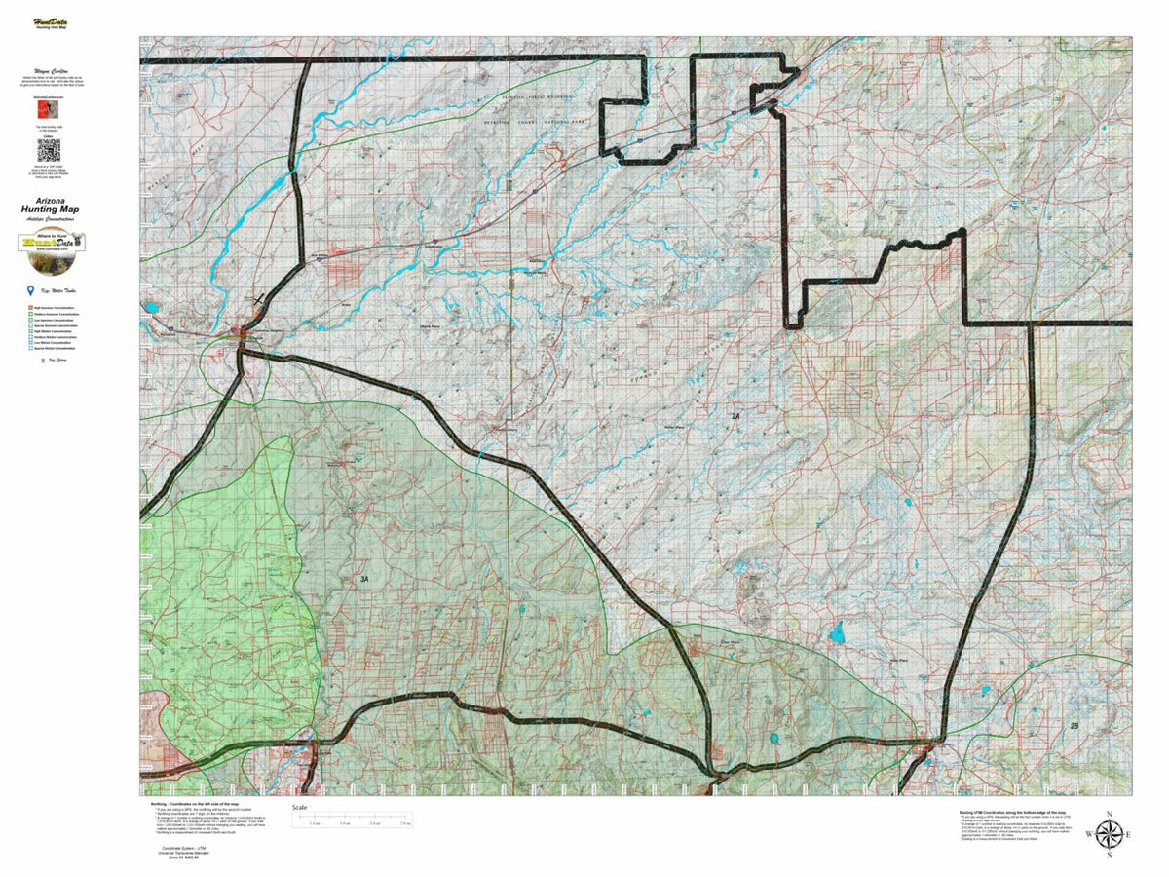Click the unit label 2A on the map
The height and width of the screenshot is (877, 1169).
pyautogui.click(x=736, y=416)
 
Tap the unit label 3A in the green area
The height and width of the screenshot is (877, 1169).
pyautogui.click(x=364, y=579)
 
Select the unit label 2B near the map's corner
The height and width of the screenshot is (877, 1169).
pyautogui.click(x=1075, y=726)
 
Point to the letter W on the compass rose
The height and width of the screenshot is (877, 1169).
pyautogui.click(x=1088, y=834)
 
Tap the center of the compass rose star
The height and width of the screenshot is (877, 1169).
pyautogui.click(x=1109, y=834)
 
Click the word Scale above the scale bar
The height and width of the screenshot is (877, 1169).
pyautogui.click(x=301, y=808)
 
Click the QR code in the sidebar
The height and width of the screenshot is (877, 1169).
pyautogui.click(x=49, y=150)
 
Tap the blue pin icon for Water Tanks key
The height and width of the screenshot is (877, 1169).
pyautogui.click(x=32, y=291)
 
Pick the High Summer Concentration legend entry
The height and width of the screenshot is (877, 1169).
pyautogui.click(x=54, y=307)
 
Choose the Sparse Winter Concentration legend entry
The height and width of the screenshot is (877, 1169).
pyautogui.click(x=54, y=348)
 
